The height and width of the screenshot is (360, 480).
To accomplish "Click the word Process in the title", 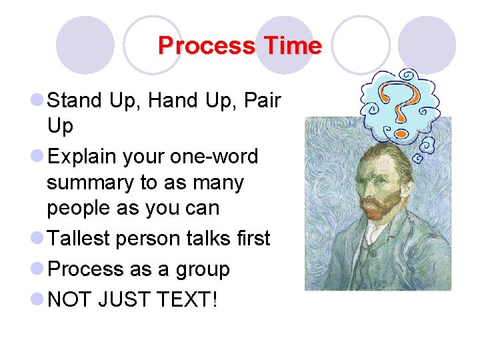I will tap(207, 46).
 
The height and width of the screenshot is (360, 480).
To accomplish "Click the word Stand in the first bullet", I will tap(74, 101).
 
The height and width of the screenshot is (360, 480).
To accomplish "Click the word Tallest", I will tap(80, 239).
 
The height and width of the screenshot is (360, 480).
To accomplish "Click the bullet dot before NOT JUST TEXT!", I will tap(37, 300).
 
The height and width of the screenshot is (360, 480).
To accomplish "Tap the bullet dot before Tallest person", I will tap(37, 239).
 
